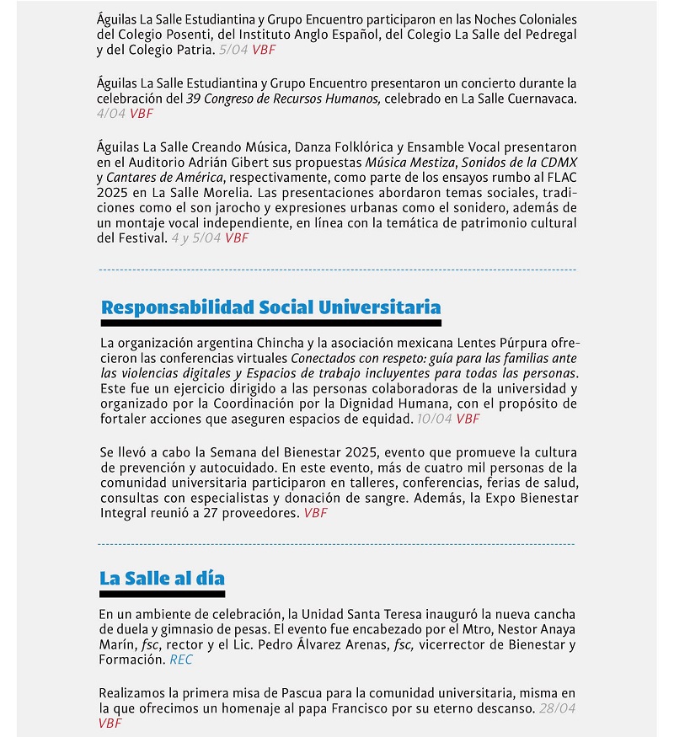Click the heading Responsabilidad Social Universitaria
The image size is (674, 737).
pyautogui.click(x=270, y=307)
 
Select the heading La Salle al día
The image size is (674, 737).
pyautogui.click(x=162, y=578)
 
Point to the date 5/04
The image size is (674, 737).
pyautogui.click(x=233, y=50)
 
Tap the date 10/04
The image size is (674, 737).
pyautogui.click(x=434, y=419)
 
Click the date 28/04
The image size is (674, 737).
pyautogui.click(x=557, y=708)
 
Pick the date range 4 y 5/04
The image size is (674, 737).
pyautogui.click(x=195, y=238)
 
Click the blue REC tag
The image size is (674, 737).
pyautogui.click(x=181, y=660)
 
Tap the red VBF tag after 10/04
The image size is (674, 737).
pyautogui.click(x=468, y=419)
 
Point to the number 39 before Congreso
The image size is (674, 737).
pyautogui.click(x=194, y=99)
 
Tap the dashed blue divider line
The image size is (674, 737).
pyautogui.click(x=337, y=270)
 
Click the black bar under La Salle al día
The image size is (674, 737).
pyautogui.click(x=162, y=594)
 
